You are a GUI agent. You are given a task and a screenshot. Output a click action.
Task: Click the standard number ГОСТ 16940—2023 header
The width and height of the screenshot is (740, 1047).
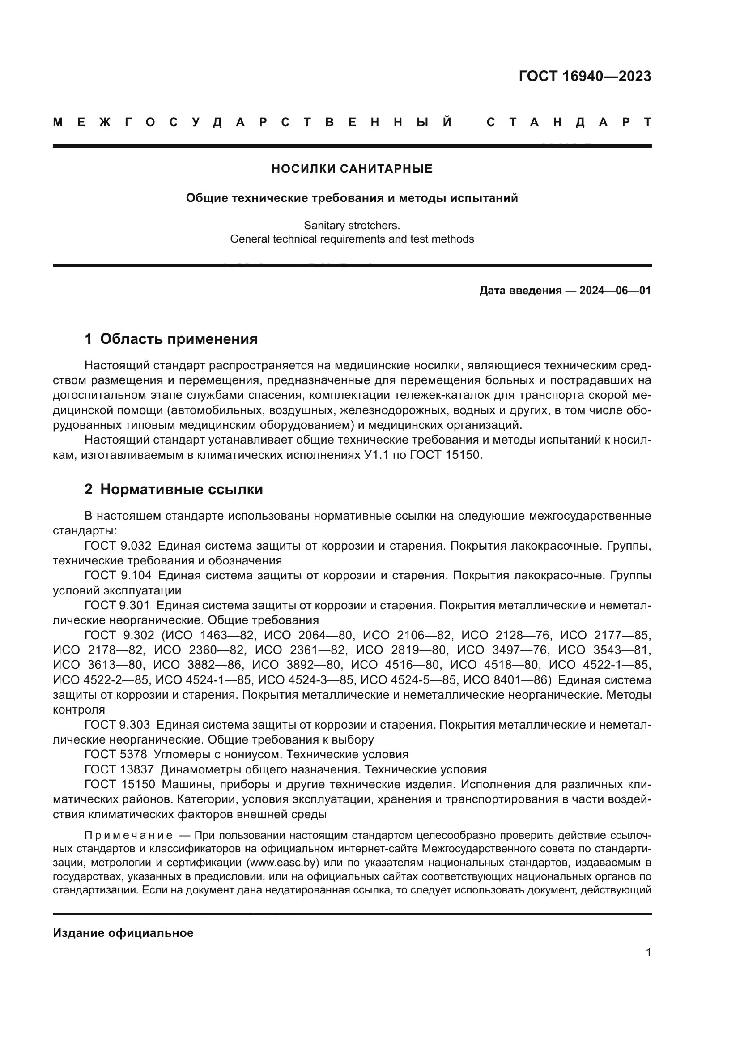585,76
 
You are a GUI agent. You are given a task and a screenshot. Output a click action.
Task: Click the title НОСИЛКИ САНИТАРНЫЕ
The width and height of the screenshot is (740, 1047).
352,169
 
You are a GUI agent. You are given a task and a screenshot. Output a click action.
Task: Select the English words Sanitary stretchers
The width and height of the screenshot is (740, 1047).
352,225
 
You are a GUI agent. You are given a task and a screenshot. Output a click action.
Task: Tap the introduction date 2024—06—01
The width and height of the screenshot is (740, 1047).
615,291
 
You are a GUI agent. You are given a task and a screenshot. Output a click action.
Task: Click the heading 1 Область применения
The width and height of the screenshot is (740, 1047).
171,339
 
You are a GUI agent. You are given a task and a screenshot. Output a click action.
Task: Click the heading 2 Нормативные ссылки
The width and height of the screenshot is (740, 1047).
174,489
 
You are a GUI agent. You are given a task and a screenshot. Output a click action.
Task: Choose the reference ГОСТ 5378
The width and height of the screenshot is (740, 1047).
116,754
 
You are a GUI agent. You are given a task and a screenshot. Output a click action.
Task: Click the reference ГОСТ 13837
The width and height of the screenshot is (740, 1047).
119,769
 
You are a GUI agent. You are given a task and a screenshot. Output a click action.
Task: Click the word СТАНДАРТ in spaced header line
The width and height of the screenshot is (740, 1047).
569,122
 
